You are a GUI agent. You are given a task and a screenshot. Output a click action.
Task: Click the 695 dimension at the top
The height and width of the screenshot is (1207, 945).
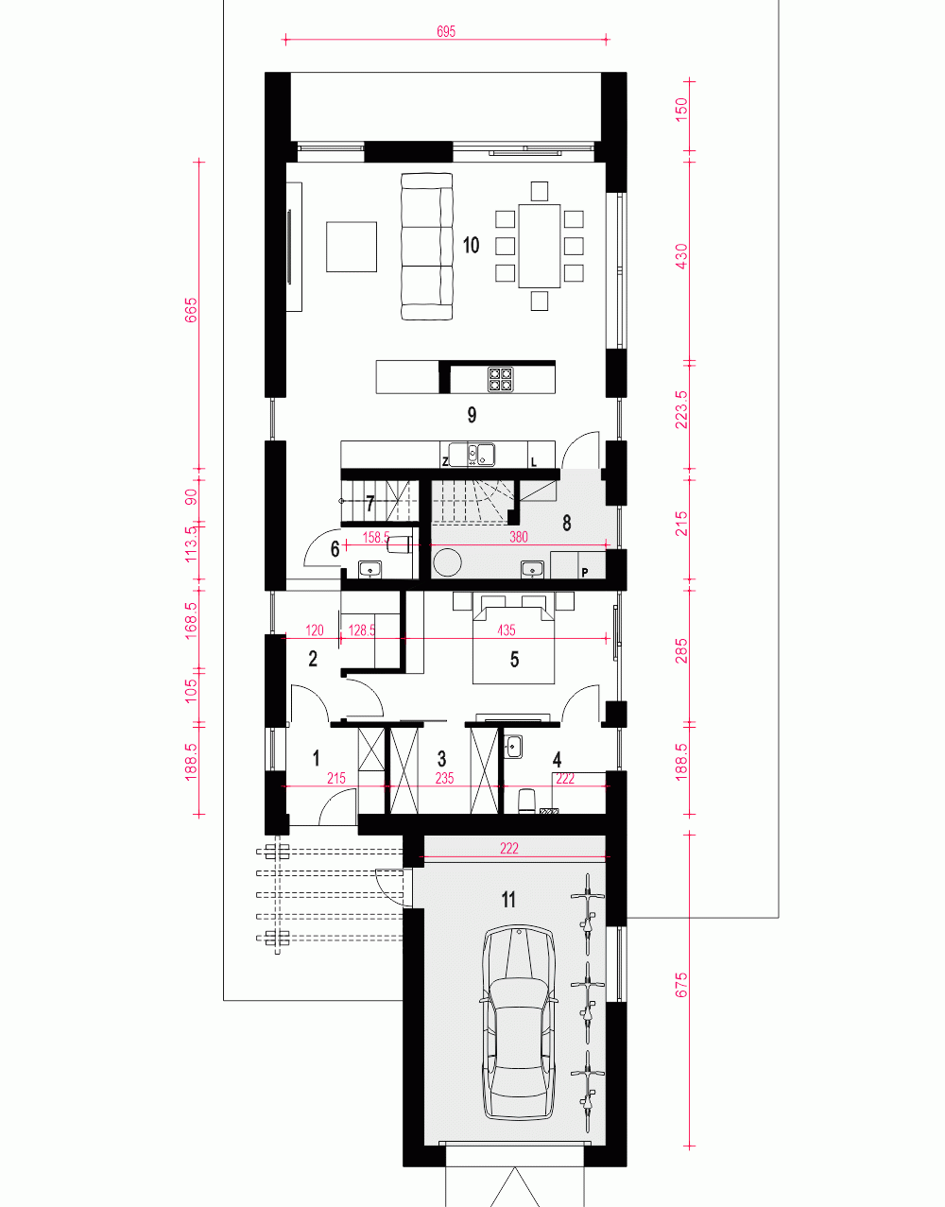[446, 31]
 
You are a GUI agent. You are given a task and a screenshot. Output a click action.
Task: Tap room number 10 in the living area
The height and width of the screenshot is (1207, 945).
[471, 245]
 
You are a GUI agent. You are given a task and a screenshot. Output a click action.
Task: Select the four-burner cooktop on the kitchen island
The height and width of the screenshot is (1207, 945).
[500, 379]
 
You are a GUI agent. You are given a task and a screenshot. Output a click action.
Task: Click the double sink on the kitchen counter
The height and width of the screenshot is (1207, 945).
[472, 454]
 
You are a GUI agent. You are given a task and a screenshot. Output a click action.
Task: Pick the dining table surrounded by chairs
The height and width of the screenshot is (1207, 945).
[540, 246]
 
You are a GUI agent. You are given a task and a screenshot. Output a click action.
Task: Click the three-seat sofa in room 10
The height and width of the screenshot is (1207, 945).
[426, 246]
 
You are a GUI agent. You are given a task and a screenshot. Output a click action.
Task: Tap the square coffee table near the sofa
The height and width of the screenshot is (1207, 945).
[352, 247]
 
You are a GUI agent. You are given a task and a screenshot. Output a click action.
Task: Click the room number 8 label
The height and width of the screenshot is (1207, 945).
[566, 523]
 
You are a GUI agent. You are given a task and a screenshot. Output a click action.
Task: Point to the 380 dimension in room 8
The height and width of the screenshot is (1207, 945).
[519, 537]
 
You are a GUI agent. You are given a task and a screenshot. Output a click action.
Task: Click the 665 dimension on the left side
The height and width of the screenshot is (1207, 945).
[191, 311]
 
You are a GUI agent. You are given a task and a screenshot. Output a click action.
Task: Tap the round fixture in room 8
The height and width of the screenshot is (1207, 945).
[447, 562]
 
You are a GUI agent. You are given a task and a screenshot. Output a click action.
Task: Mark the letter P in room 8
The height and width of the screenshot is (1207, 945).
[585, 572]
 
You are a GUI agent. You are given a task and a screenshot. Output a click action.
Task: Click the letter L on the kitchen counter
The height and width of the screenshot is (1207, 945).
[534, 461]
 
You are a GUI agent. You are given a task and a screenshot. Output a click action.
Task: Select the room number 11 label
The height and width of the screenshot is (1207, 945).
[508, 900]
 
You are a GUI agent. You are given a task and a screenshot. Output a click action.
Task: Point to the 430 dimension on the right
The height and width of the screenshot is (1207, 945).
[682, 256]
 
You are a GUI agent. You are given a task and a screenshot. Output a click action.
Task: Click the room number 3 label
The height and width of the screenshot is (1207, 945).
[441, 758]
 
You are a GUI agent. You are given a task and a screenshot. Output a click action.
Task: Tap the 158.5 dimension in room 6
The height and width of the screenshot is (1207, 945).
[376, 537]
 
